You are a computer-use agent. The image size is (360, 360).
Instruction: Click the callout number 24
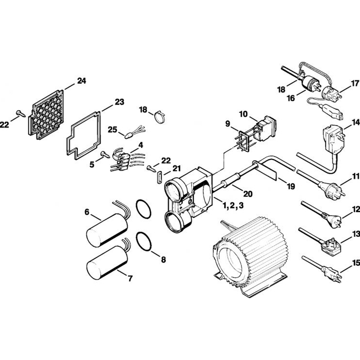[x=81, y=81]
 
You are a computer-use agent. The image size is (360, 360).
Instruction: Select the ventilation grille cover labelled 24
[x=46, y=115]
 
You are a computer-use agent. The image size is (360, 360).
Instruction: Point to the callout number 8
[x=163, y=260]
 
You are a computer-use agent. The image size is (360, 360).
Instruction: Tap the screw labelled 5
[x=105, y=154]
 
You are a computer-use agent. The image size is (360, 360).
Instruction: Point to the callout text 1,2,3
[x=233, y=205]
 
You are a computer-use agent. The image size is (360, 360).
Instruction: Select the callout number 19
[x=291, y=186]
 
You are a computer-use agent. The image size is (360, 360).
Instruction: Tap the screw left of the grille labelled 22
[x=21, y=113]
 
